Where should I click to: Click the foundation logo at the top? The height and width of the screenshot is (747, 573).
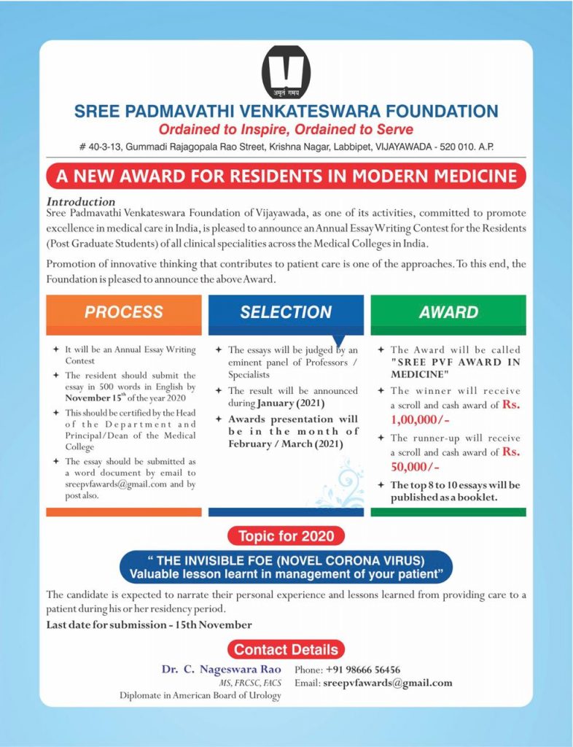tap(286, 73)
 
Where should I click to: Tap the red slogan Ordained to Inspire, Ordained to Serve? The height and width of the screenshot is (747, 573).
tap(286, 130)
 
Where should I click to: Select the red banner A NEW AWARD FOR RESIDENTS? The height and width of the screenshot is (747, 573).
tap(286, 176)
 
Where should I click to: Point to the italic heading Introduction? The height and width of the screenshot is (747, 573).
tap(81, 201)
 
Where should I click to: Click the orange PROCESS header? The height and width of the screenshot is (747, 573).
tap(124, 312)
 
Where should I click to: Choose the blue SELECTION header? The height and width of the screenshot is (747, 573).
tap(286, 312)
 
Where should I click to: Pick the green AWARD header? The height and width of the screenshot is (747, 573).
tap(448, 312)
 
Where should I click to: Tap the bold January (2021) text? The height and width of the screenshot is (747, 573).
tap(289, 403)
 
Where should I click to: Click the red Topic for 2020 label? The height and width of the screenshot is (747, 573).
tap(286, 536)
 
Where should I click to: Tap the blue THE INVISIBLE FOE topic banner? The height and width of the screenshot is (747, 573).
tap(286, 567)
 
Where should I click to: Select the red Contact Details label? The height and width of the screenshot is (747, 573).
tap(286, 649)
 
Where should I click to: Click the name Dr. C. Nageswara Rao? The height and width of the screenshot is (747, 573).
tap(220, 669)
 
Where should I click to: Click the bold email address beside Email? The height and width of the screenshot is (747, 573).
tap(387, 683)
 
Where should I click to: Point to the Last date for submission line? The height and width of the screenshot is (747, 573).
tap(149, 624)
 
